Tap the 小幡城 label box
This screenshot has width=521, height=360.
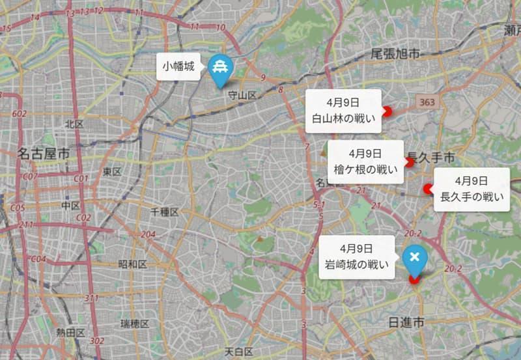click(x=178, y=66)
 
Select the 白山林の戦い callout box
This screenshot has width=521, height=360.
click(x=344, y=111)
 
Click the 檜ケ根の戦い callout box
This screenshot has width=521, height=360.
click(x=365, y=162)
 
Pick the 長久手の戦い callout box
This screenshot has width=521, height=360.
click(x=472, y=189)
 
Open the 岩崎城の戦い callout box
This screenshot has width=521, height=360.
click(x=357, y=256)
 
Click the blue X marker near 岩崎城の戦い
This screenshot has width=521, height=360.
click(x=414, y=258)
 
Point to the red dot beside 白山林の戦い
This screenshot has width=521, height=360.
click(x=387, y=111)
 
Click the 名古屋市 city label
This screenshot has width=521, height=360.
click(x=43, y=154)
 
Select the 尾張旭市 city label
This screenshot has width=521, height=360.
click(x=395, y=53)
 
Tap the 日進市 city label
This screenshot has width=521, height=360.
click(x=406, y=322)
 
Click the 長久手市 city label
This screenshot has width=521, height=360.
click(x=430, y=158)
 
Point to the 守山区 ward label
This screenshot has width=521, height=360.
click(x=242, y=96)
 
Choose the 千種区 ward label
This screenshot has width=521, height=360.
click(x=164, y=212)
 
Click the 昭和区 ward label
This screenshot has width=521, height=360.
click(x=132, y=264)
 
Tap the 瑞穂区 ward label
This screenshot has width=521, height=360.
click(x=135, y=324)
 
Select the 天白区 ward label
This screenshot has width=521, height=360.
click(x=238, y=352)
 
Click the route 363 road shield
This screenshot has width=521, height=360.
click(x=427, y=102)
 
